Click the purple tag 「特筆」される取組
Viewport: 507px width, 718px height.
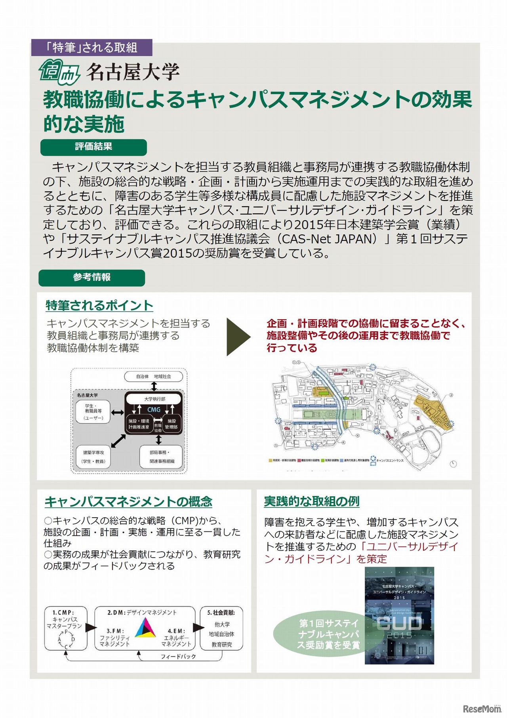pyautogui.click(x=91, y=48)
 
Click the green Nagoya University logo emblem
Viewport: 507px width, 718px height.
pyautogui.click(x=60, y=72)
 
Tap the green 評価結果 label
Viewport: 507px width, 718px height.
pyautogui.click(x=93, y=147)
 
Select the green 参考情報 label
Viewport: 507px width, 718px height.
pyautogui.click(x=91, y=277)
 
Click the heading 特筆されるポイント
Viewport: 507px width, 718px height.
pyautogui.click(x=99, y=306)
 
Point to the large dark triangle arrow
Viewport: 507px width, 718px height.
pyautogui.click(x=238, y=337)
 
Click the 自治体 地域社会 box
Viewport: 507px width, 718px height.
pyautogui.click(x=154, y=376)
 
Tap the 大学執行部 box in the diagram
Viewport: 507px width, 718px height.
pyautogui.click(x=154, y=399)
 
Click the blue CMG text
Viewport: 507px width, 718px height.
pyautogui.click(x=154, y=409)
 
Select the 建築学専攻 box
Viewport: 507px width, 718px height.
pyautogui.click(x=93, y=457)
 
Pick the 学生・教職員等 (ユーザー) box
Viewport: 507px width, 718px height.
pyautogui.click(x=93, y=412)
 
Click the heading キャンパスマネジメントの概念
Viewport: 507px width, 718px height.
pyautogui.click(x=128, y=502)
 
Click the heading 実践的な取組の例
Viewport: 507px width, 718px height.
pyautogui.click(x=312, y=501)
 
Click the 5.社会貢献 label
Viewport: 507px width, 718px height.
pyautogui.click(x=221, y=612)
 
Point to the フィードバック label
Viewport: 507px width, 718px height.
pyautogui.click(x=178, y=657)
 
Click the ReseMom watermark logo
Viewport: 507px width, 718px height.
pyautogui.click(x=482, y=709)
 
